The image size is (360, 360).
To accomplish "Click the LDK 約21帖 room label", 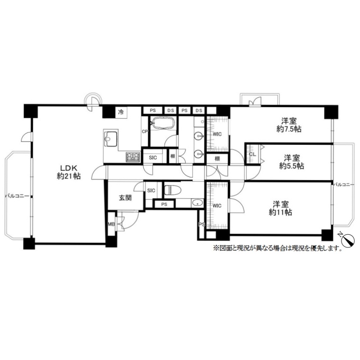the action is tap(69, 172).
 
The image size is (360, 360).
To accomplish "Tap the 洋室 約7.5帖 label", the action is tap(289, 125).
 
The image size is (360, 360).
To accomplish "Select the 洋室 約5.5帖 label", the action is tap(292, 162).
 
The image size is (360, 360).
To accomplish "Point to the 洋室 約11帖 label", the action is tap(281, 208).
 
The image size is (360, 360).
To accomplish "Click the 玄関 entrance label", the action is tap(125, 198).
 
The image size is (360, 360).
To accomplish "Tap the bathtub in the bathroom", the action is tap(163, 123).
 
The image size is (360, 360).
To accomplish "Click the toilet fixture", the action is tap(172, 190).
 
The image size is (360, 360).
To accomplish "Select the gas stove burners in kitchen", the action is tap(133, 157).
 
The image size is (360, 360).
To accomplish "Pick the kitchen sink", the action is tap(111, 139).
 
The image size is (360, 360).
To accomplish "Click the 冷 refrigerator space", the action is tap(121, 112).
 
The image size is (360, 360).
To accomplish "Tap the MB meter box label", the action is tap(111, 224).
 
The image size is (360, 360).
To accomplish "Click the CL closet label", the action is tap(252, 154).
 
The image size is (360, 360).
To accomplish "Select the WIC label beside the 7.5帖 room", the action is tap(217, 134).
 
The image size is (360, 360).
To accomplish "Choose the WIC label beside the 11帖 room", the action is tap(217, 206).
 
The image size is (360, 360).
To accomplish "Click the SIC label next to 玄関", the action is tap(151, 190).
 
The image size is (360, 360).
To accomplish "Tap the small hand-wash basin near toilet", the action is tap(198, 203).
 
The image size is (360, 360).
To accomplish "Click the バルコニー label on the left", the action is tap(17, 196).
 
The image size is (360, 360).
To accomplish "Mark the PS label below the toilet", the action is tap(164, 204).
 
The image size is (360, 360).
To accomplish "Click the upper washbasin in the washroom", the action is tap(199, 136).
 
